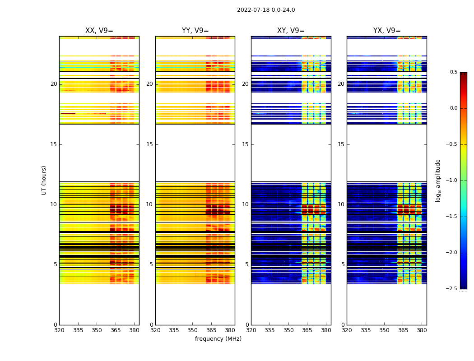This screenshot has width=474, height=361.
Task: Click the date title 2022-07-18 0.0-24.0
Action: [x=266, y=10]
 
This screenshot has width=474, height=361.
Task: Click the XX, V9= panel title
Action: [x=99, y=31]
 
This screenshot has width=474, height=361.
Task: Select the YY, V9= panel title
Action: [x=195, y=31]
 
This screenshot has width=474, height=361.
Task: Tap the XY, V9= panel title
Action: [x=291, y=31]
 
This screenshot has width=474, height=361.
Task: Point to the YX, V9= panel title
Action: [x=387, y=31]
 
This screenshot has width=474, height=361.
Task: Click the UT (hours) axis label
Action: [x=44, y=180]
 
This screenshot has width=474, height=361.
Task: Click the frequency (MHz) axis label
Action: [x=218, y=339]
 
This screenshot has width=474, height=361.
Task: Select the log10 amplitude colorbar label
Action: [x=438, y=180]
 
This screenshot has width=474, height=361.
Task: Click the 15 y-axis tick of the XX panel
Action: [x=54, y=144]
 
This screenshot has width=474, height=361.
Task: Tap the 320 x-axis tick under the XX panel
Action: [x=59, y=330]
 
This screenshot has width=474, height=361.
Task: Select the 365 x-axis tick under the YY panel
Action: [x=211, y=330]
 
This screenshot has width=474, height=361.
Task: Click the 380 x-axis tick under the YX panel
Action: [x=422, y=330]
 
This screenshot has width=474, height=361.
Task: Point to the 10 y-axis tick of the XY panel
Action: [x=246, y=204]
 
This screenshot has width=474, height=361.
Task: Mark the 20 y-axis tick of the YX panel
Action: [x=341, y=84]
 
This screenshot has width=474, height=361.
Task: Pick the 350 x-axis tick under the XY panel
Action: [x=288, y=330]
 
